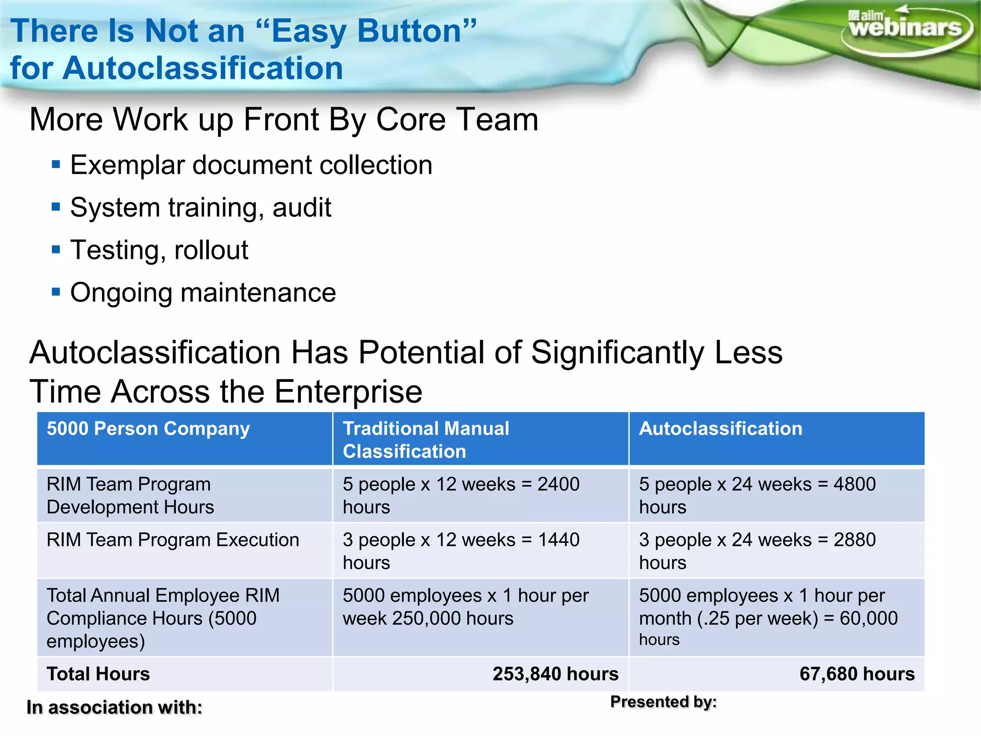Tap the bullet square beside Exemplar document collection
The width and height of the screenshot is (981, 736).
[56, 165]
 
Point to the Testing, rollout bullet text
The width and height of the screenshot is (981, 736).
[159, 250]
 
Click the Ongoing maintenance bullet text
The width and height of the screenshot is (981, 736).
[203, 293]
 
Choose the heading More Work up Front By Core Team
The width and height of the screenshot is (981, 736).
[284, 119]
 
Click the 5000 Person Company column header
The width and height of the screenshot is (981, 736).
[148, 428]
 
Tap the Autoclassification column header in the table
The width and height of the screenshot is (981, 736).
[720, 428]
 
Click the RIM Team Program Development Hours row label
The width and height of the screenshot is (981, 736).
[130, 495]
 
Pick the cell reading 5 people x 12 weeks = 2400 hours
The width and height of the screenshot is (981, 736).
[461, 495]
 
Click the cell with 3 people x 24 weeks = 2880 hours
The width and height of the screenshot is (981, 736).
[757, 551]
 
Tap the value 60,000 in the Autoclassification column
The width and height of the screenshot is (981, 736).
[868, 619]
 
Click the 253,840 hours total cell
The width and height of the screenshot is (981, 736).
[555, 674]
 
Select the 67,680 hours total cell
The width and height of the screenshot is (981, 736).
[856, 674]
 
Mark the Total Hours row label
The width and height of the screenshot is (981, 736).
[98, 674]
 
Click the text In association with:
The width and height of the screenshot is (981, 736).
[114, 708]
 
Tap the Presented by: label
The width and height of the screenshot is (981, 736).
[663, 702]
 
